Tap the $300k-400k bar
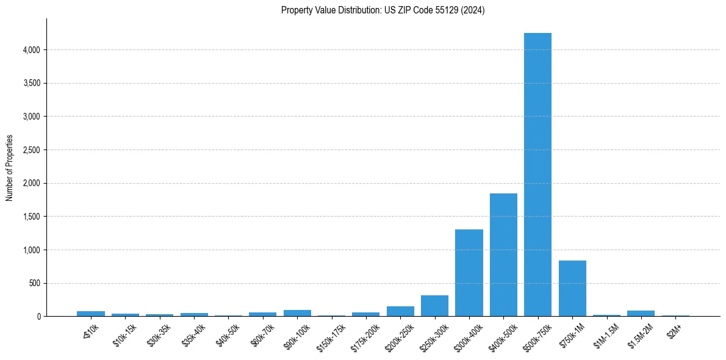click(469, 273)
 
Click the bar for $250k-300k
click(434, 306)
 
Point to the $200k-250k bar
click(400, 311)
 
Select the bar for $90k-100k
click(297, 313)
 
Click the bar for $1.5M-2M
click(641, 313)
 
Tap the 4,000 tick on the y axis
click(31, 50)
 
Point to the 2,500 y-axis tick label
click(31, 150)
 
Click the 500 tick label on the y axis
click(34, 284)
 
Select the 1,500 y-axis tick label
click(31, 217)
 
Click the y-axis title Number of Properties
click(9, 168)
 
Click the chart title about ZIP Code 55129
click(383, 10)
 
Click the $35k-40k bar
click(194, 314)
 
